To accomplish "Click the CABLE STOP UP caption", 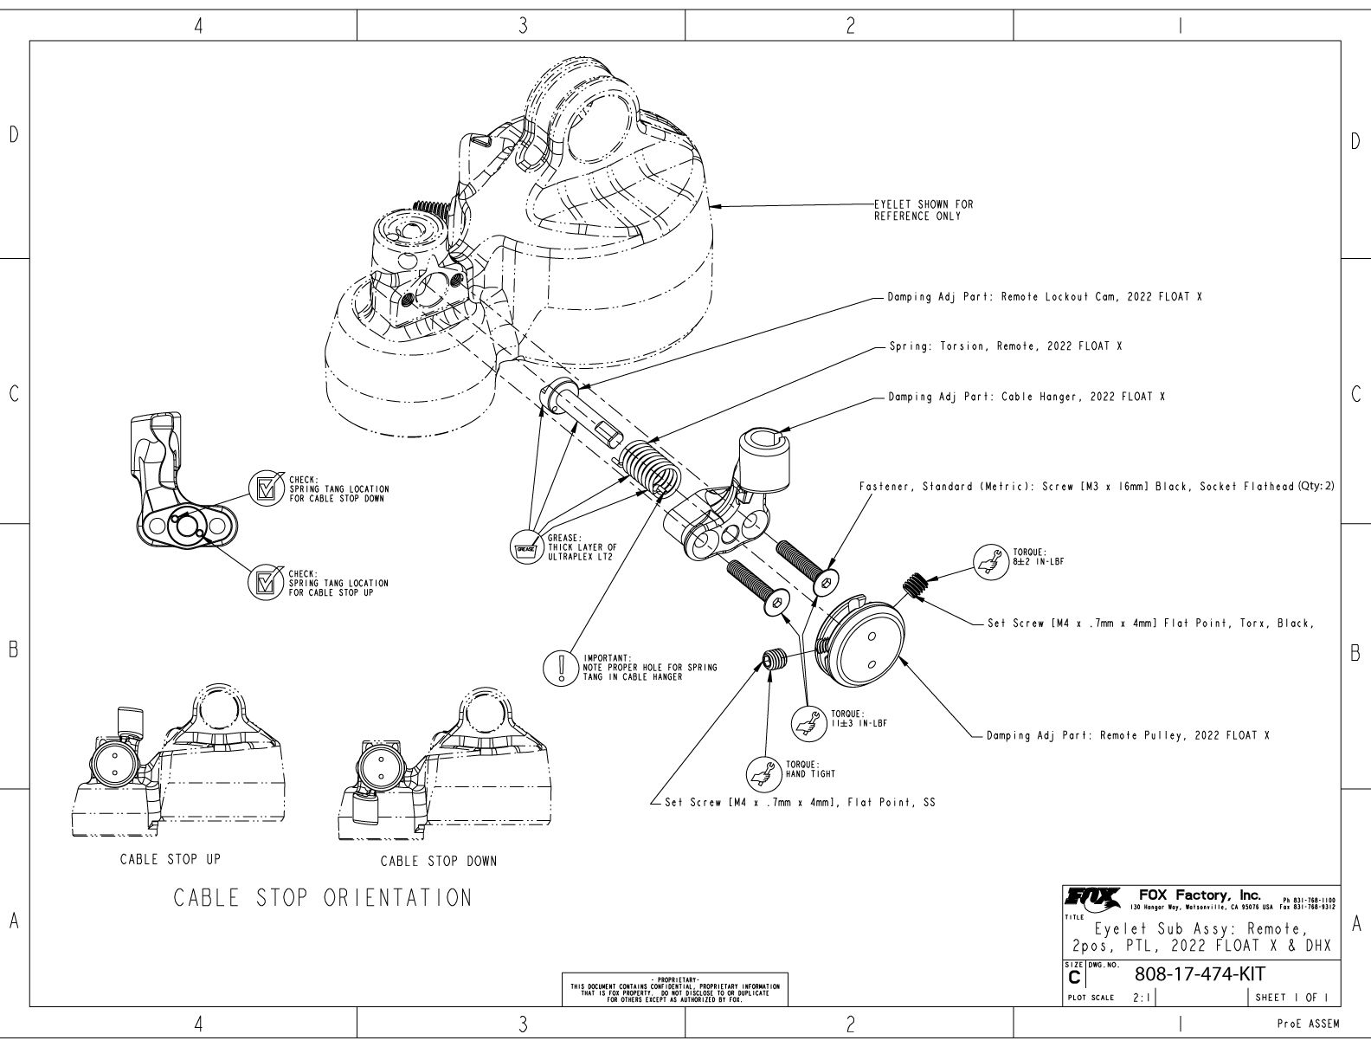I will click(171, 859).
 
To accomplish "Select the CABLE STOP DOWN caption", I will click(439, 861).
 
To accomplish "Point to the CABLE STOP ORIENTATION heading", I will click(324, 897).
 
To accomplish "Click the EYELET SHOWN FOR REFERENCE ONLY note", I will click(923, 210).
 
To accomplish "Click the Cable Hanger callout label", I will click(1027, 397).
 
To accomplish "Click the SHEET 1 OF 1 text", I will click(1291, 997).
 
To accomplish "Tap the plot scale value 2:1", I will click(1142, 998).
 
